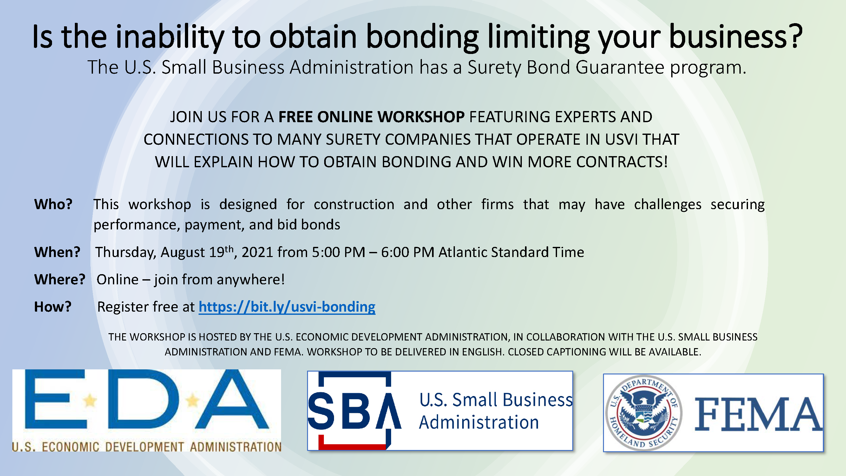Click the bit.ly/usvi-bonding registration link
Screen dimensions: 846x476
[287, 307]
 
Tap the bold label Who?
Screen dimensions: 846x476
[53, 204]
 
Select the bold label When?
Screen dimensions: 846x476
[57, 252]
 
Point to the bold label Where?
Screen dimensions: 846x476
[60, 280]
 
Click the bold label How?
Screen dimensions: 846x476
[53, 307]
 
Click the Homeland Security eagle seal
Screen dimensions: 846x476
[644, 413]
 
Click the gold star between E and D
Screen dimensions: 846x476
[90, 401]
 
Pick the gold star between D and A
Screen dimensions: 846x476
[193, 401]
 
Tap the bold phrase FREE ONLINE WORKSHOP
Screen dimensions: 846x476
[371, 117]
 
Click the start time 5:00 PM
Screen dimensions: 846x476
[338, 252]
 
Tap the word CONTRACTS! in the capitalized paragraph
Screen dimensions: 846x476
[622, 162]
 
